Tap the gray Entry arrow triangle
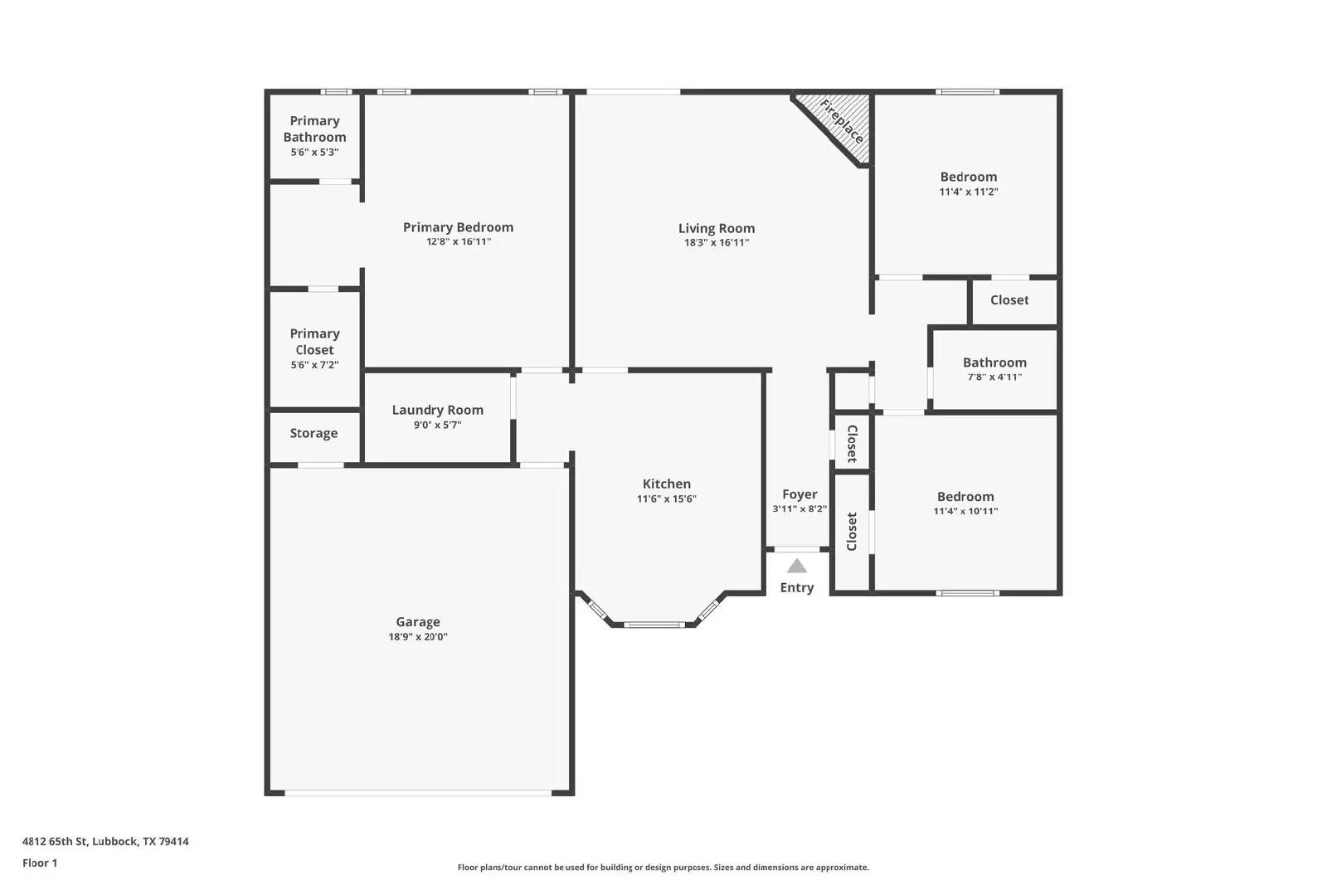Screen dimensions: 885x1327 tap(797, 566)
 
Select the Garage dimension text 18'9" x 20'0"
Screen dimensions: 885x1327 tap(418, 637)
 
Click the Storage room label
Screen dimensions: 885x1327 tap(314, 433)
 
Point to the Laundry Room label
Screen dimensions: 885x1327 tap(437, 410)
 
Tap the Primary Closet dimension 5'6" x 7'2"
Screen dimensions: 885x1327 tap(314, 365)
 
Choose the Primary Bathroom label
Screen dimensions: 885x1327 tap(314, 129)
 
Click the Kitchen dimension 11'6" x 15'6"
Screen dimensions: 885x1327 tap(666, 499)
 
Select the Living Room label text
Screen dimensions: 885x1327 tap(717, 228)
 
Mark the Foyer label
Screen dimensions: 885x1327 tap(800, 494)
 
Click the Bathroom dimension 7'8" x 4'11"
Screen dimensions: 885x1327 tap(994, 377)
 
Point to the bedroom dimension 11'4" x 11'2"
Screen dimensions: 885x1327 tap(968, 192)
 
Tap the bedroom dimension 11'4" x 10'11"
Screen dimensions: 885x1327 tap(965, 511)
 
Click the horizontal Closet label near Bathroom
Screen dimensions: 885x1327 tap(1009, 300)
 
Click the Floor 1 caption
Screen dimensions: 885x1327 tap(40, 863)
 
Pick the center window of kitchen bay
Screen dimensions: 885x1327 tap(654, 625)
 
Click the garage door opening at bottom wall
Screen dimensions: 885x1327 tap(418, 793)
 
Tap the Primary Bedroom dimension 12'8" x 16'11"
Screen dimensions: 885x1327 tap(459, 242)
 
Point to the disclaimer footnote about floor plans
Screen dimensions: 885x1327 tap(663, 868)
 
